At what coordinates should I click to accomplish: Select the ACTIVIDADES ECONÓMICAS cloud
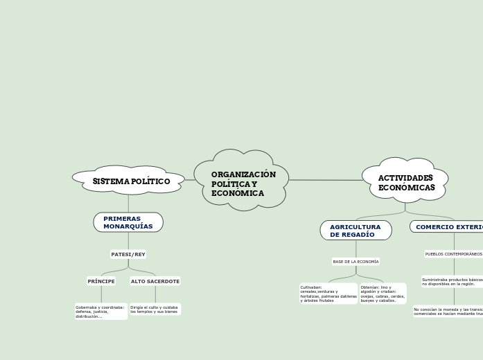pos(405,182)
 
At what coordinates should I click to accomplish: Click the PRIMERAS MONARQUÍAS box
pos(128,222)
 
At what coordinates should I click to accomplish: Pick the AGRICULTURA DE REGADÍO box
pos(355,231)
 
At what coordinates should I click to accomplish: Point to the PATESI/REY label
pos(128,254)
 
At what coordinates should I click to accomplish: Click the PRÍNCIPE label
pos(101,281)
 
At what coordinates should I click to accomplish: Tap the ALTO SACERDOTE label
pos(155,281)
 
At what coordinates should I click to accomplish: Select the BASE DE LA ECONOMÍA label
pos(355,262)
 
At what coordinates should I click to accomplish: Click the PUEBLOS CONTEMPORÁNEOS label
pos(453,254)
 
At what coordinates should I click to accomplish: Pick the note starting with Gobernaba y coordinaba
pos(100,312)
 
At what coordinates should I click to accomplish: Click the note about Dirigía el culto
pos(155,309)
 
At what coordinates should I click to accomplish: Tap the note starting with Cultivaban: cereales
pos(328,294)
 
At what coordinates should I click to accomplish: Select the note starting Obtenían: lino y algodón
pos(383,294)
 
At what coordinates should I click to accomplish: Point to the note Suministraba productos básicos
pos(452,282)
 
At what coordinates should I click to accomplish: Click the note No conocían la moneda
pos(448,312)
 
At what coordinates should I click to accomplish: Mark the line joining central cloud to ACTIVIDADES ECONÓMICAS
pos(326,180)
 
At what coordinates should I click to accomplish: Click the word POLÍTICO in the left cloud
pos(150,181)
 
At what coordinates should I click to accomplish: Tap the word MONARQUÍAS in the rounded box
pos(128,226)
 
